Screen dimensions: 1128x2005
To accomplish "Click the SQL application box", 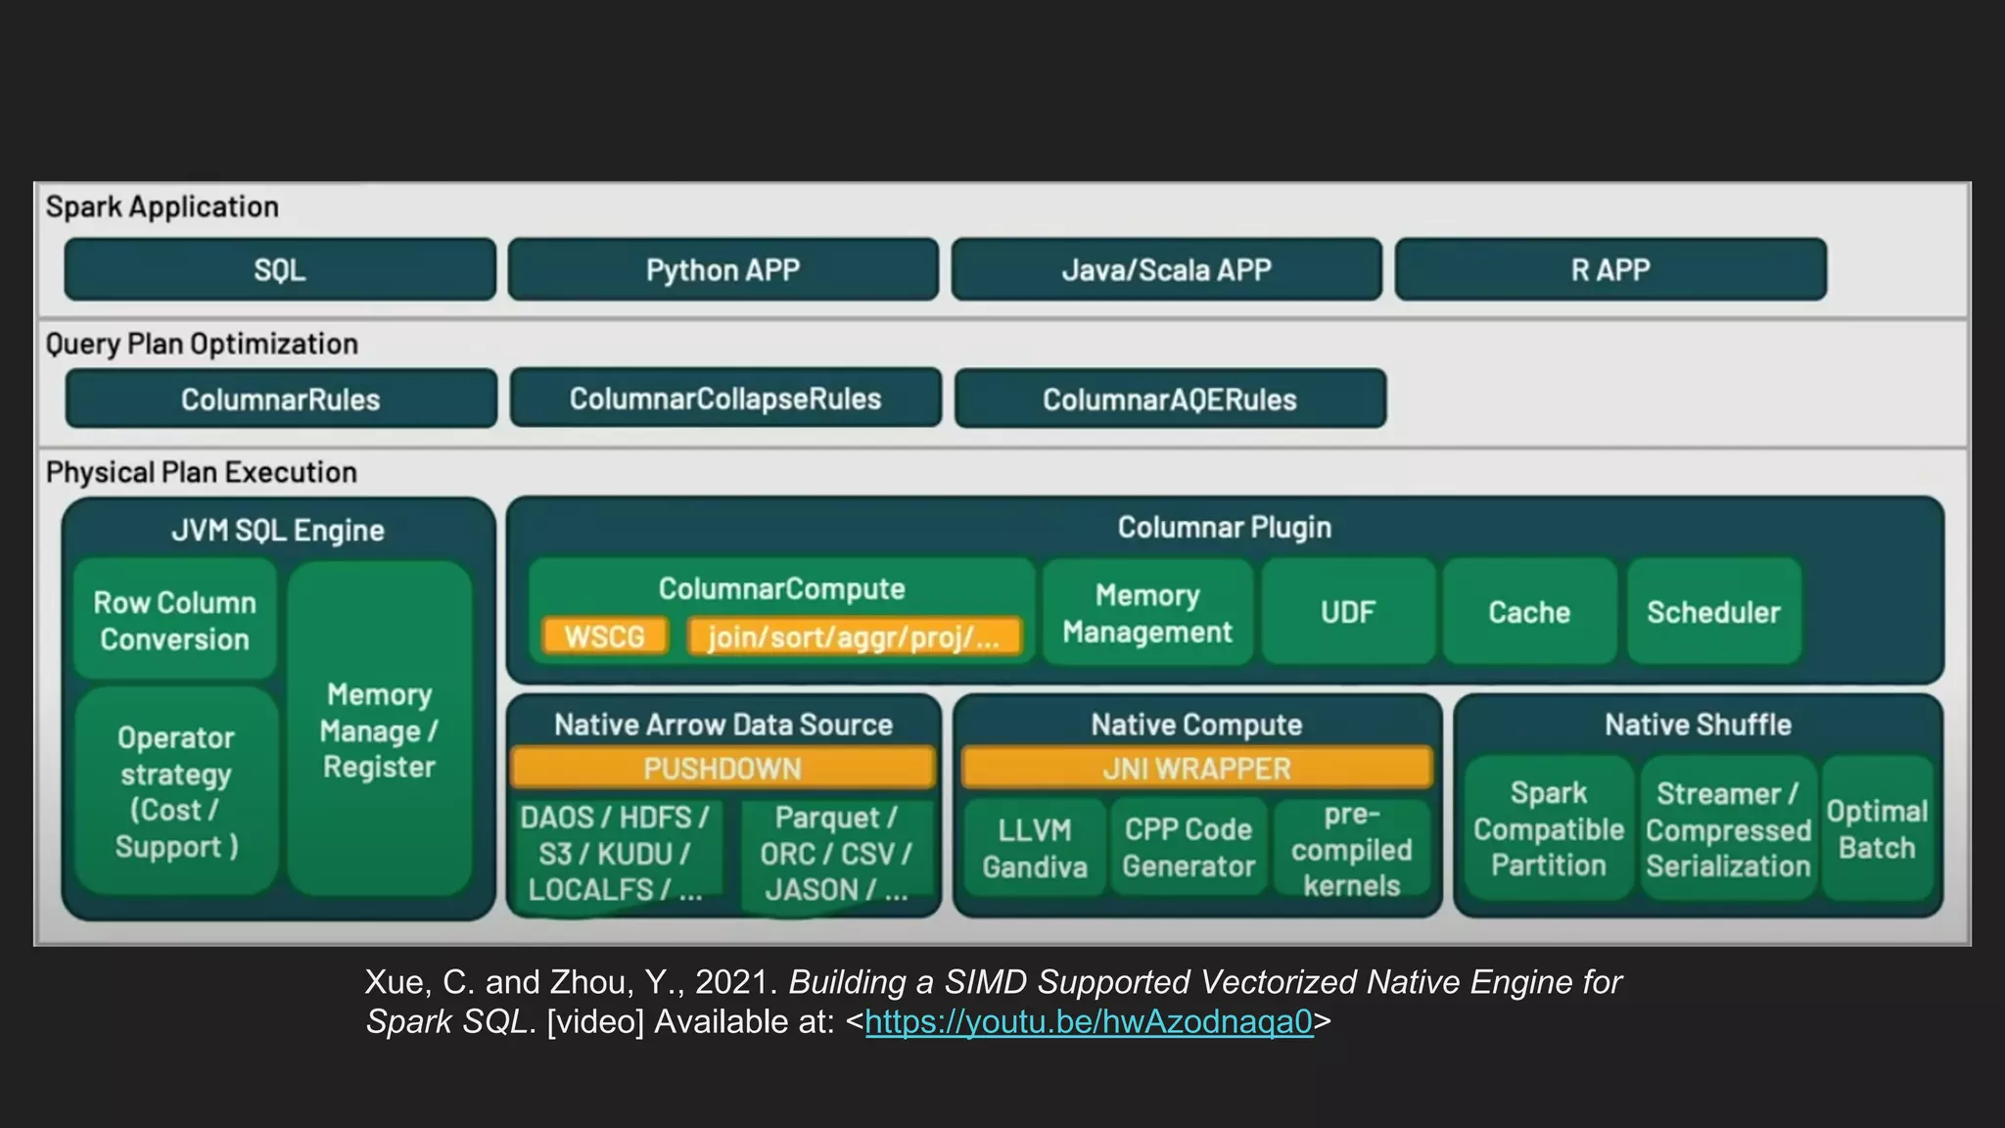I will [280, 269].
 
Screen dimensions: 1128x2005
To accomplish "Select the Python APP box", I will [723, 269].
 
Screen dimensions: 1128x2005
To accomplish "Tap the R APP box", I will [1610, 269].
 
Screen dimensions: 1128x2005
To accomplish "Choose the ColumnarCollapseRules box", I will [725, 399].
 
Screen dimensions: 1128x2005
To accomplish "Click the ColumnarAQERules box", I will [1170, 399].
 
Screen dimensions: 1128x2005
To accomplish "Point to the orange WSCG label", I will [604, 636].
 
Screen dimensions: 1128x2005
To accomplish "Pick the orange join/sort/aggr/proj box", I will [854, 636].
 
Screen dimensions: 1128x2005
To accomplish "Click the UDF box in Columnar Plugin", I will [1347, 612].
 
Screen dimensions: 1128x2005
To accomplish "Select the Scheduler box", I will [1713, 612].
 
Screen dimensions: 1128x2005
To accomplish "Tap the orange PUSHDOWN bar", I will [723, 769].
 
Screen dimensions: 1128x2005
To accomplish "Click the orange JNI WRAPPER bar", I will [1196, 769].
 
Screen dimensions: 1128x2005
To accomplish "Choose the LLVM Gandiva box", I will [1035, 848].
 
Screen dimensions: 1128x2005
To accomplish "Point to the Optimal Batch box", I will [1877, 828].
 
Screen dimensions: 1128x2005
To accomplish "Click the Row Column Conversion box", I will [175, 620].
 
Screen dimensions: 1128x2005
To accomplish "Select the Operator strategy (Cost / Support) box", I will [176, 791].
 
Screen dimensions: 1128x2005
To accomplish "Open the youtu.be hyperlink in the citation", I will [1089, 1021].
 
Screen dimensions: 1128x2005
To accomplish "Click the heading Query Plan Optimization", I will [202, 344].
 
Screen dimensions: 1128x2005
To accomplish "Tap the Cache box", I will [1529, 612].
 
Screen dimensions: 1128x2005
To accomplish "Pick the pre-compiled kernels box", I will [1351, 849].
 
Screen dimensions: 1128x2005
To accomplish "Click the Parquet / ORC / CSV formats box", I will [835, 853].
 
